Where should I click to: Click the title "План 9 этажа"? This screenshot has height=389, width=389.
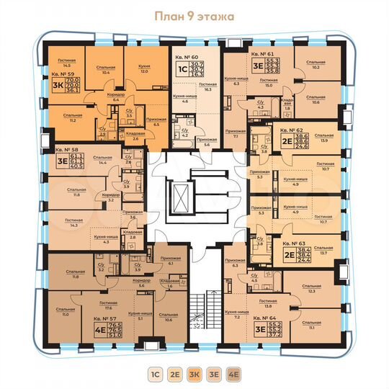click(x=194, y=16)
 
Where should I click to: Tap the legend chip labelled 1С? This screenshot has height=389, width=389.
click(x=155, y=375)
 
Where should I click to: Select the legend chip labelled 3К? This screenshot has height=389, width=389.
click(x=194, y=375)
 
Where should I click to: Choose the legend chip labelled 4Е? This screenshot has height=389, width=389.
click(x=233, y=375)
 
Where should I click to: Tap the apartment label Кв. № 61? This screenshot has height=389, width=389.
click(x=263, y=54)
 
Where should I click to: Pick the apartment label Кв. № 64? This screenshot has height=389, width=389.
click(x=264, y=317)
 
